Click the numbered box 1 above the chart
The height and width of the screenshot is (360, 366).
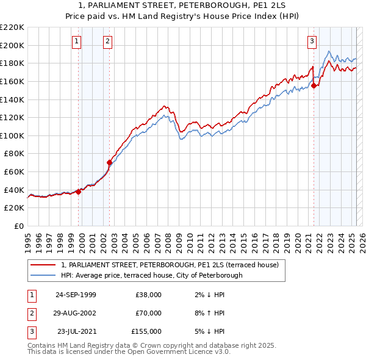coord(77,41)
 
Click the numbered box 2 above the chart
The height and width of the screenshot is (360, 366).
coord(107,41)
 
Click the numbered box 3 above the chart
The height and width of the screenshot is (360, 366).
coord(312,41)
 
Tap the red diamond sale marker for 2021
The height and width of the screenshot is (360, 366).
coord(314,86)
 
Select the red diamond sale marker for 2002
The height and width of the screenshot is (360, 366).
coord(109,162)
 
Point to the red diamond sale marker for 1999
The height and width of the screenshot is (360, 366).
coord(78,191)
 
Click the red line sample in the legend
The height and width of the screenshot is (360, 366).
coord(43,265)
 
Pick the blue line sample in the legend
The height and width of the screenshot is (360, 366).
coord(43,275)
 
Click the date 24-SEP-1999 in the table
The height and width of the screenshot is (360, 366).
coord(76,295)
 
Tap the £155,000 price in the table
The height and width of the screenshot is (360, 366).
coord(146,331)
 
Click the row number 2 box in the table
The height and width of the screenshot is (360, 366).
coord(31,313)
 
